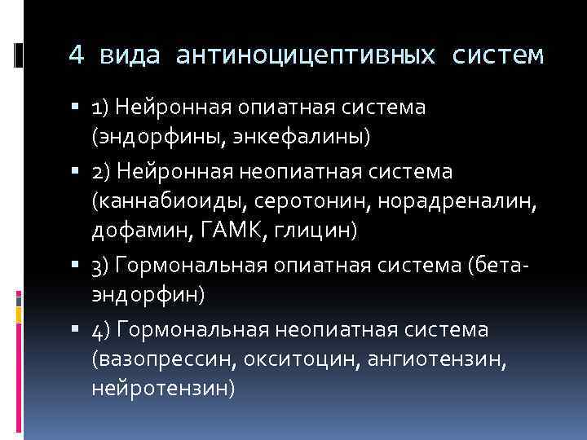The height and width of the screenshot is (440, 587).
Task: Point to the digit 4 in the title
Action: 76,55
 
